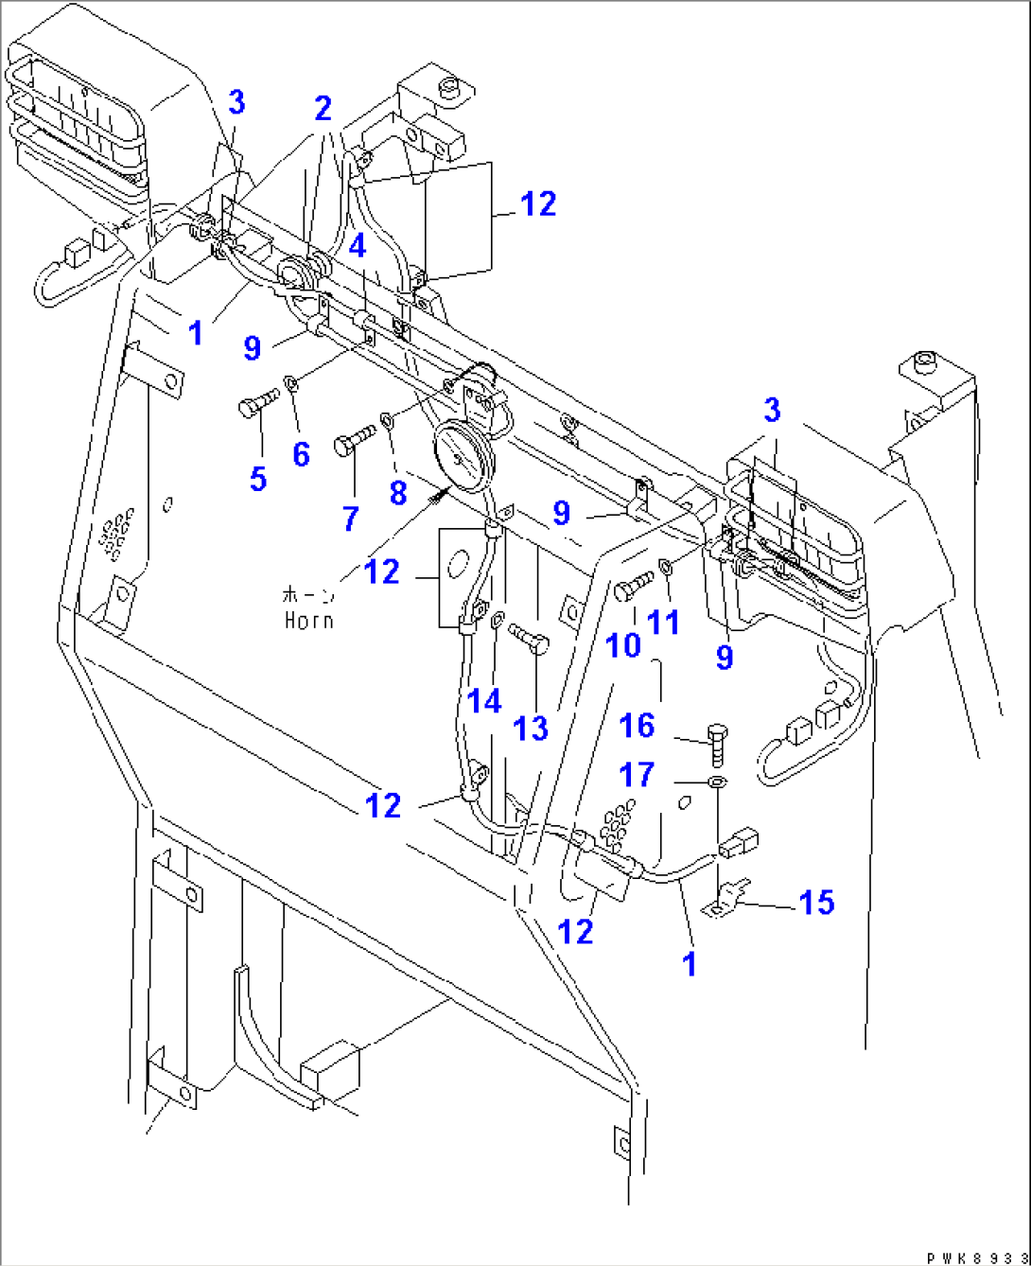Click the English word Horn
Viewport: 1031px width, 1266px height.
[x=308, y=621]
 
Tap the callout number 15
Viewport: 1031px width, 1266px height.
[x=816, y=903]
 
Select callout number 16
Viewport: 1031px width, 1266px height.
[x=637, y=726]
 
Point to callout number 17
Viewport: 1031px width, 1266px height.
[x=637, y=775]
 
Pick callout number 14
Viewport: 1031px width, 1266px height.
[x=484, y=701]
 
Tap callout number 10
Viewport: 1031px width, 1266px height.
[x=622, y=645]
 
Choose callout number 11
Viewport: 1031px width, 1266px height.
[x=664, y=622]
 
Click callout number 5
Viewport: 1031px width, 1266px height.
[x=258, y=478]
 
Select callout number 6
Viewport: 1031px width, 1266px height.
[x=301, y=454]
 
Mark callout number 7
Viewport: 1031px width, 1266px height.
[x=351, y=518]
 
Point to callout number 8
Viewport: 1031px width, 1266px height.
[x=397, y=492]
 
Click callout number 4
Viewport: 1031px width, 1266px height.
[x=357, y=247]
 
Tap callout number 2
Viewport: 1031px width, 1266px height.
[x=323, y=109]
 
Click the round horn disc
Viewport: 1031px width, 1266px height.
[x=459, y=458]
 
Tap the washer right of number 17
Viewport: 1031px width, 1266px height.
[x=717, y=782]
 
